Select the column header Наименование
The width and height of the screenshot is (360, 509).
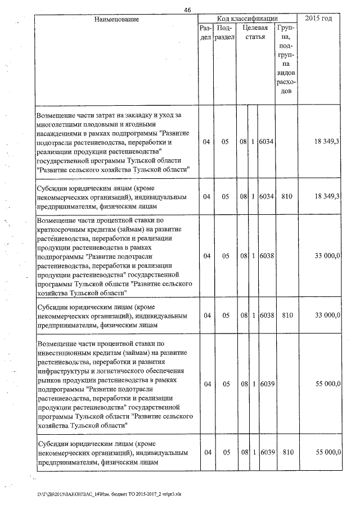point(116,19)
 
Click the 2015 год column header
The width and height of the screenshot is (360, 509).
point(318,19)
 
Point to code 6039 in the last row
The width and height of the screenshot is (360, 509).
point(266,452)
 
